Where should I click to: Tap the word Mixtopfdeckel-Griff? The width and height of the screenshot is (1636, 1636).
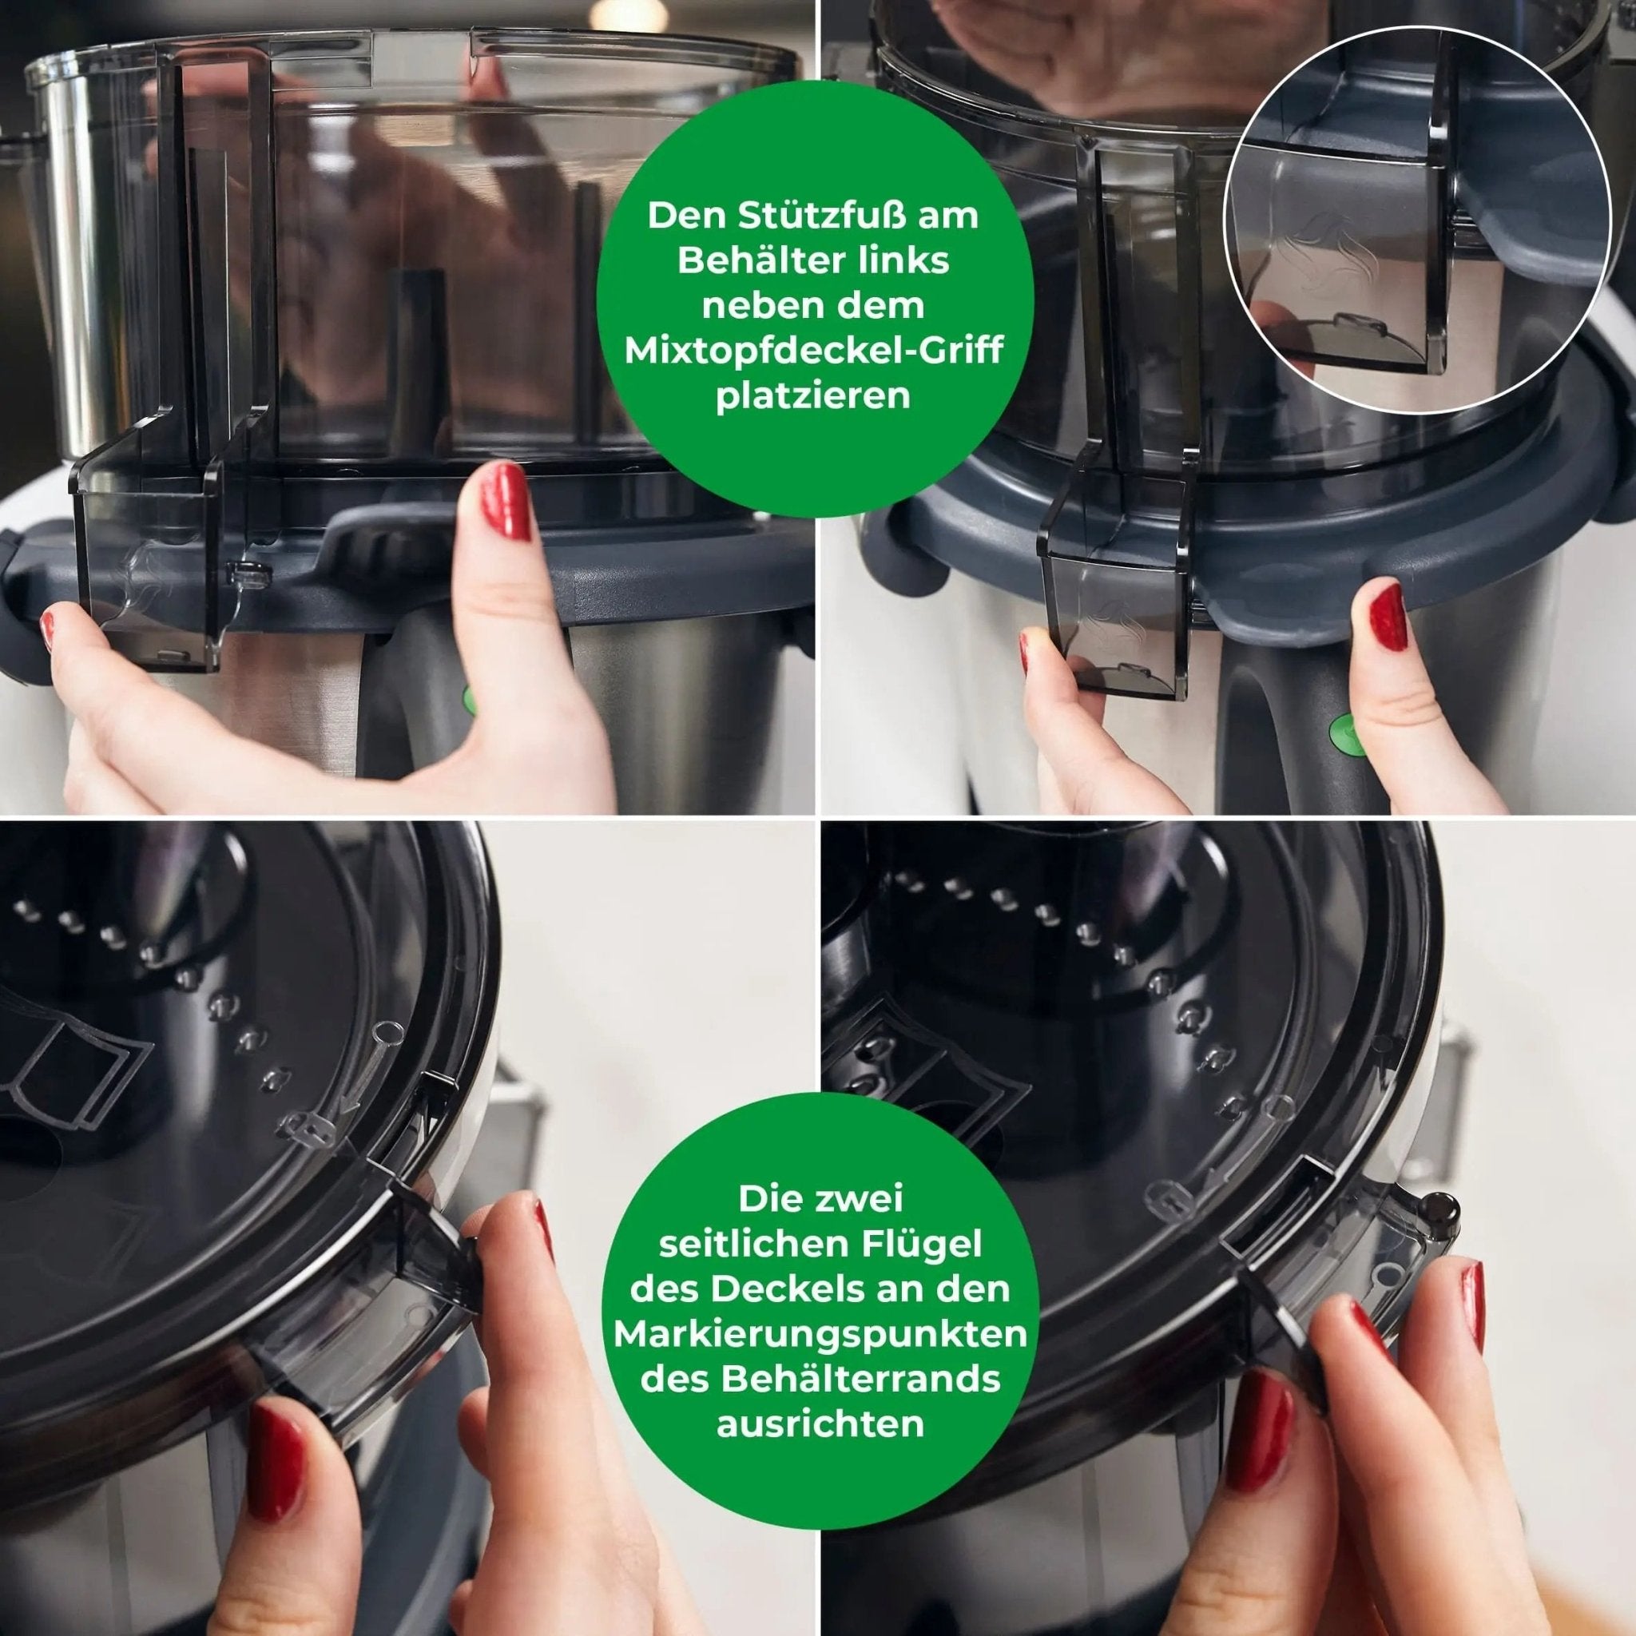click(813, 351)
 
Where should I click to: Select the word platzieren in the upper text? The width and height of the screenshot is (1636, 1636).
click(813, 395)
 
